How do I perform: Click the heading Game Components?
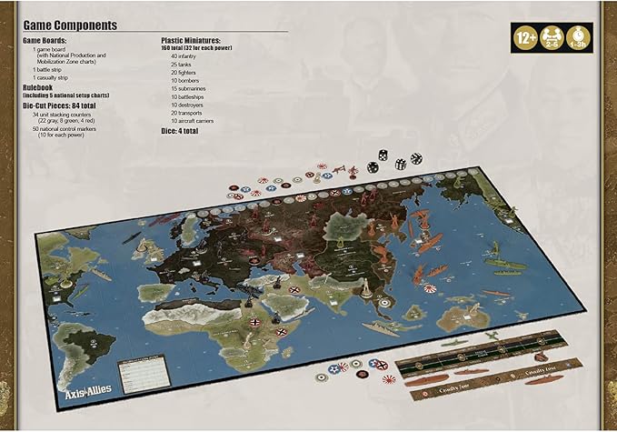pyautogui.click(x=69, y=26)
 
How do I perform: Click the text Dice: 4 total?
pyautogui.click(x=180, y=131)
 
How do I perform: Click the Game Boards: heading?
pyautogui.click(x=48, y=42)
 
